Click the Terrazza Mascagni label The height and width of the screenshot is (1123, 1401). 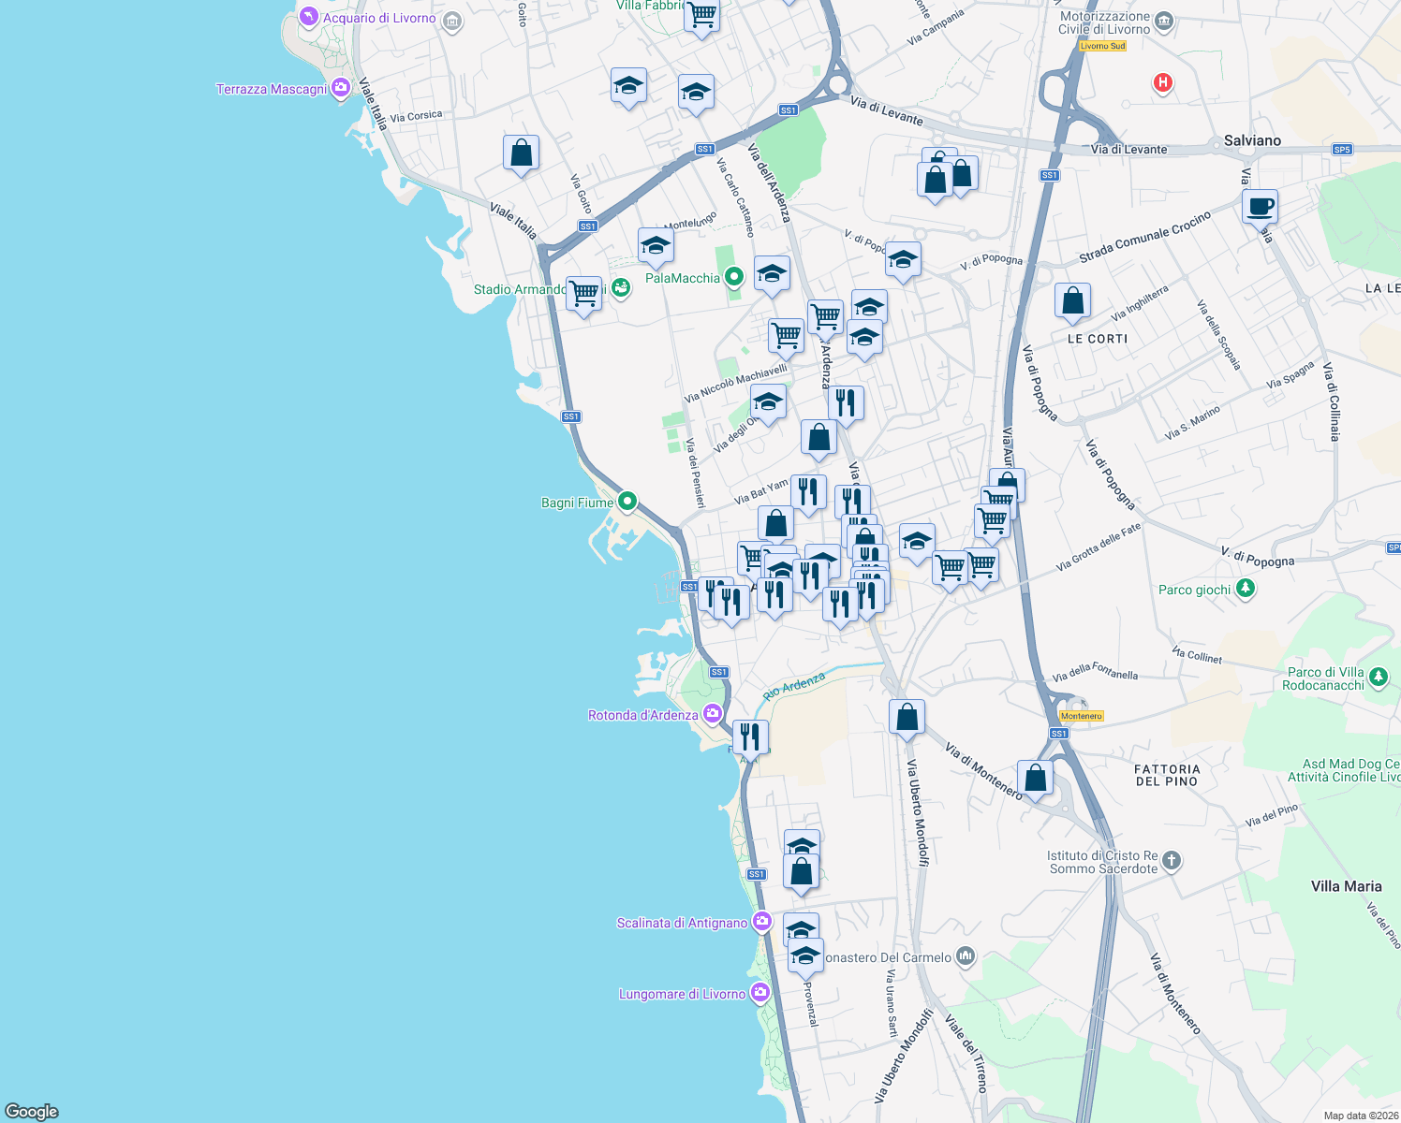pyautogui.click(x=272, y=89)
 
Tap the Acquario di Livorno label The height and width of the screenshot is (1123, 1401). pyautogui.click(x=379, y=18)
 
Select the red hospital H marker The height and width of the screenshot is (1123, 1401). pyautogui.click(x=1163, y=83)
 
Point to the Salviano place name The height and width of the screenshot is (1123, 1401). pyautogui.click(x=1252, y=140)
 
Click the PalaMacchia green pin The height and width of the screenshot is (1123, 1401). pyautogui.click(x=735, y=277)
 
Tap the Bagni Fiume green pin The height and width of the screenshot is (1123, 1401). pyautogui.click(x=627, y=502)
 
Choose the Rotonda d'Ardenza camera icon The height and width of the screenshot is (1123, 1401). pyautogui.click(x=713, y=715)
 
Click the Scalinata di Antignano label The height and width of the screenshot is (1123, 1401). pyautogui.click(x=682, y=923)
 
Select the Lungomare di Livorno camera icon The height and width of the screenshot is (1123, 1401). pyautogui.click(x=760, y=993)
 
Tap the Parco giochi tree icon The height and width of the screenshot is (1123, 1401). pyautogui.click(x=1246, y=589)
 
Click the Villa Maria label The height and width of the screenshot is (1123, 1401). pyautogui.click(x=1346, y=886)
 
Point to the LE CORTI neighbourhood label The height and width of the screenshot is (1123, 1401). pyautogui.click(x=1098, y=339)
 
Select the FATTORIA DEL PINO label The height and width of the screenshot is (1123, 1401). pyautogui.click(x=1167, y=775)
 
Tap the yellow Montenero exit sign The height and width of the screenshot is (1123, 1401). pyautogui.click(x=1082, y=716)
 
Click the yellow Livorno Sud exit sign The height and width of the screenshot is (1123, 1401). pyautogui.click(x=1102, y=46)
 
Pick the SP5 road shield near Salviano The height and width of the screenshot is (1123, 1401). pyautogui.click(x=1342, y=149)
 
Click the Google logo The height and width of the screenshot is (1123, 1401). pyautogui.click(x=32, y=1112)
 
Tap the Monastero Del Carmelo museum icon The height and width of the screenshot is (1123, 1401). pyautogui.click(x=966, y=956)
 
